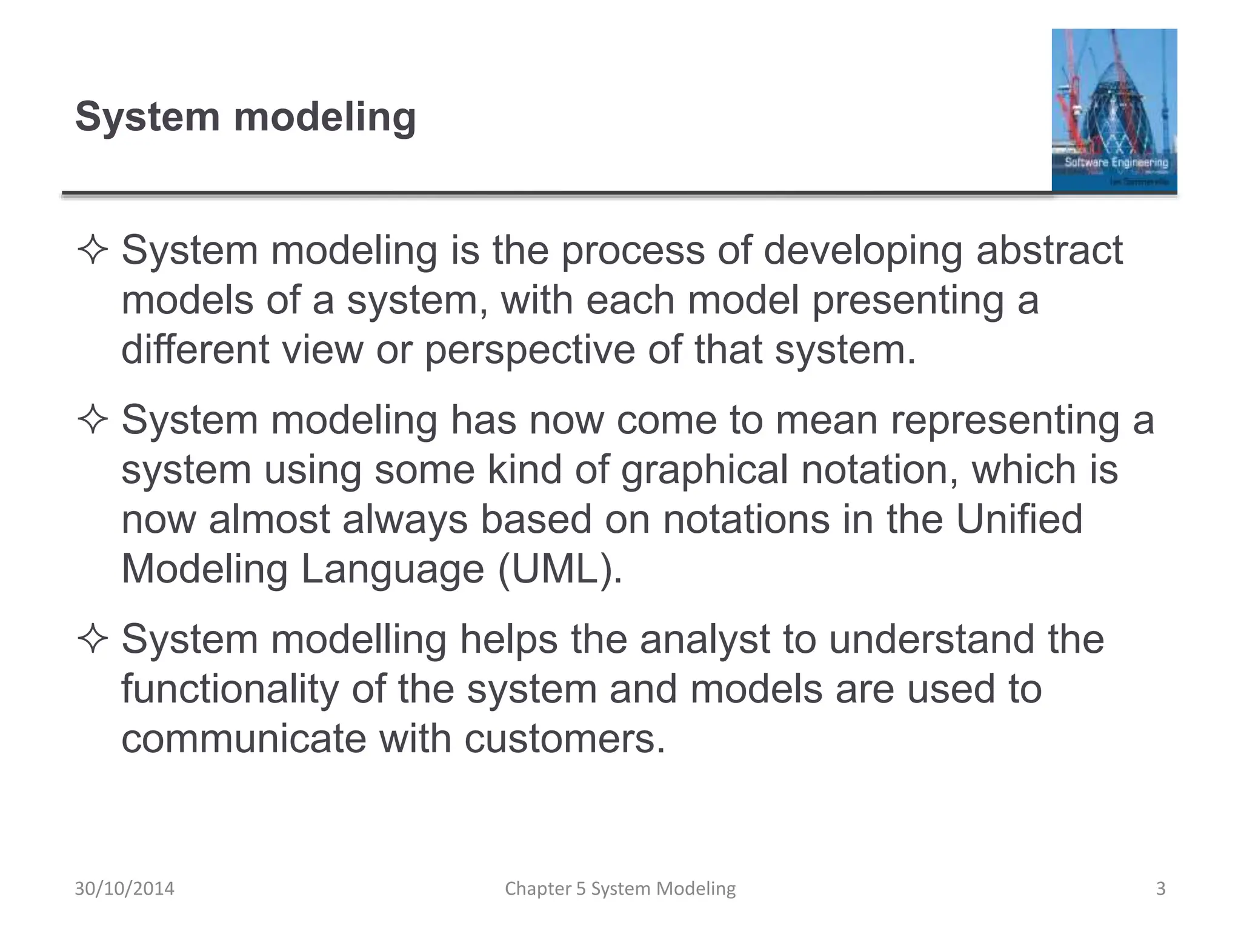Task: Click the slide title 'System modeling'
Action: click(245, 116)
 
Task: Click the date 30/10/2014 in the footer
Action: click(124, 889)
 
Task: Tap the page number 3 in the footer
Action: click(1160, 889)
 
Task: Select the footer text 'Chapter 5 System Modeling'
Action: click(620, 889)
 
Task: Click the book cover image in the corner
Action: click(1114, 110)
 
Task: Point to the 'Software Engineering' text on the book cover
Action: click(1116, 162)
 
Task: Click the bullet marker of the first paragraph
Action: click(93, 250)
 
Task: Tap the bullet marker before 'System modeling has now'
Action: click(93, 420)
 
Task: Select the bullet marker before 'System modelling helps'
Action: click(93, 639)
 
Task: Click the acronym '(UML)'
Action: click(560, 569)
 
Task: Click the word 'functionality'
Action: click(230, 689)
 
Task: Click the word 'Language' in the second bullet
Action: click(392, 569)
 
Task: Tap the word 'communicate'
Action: click(244, 739)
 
